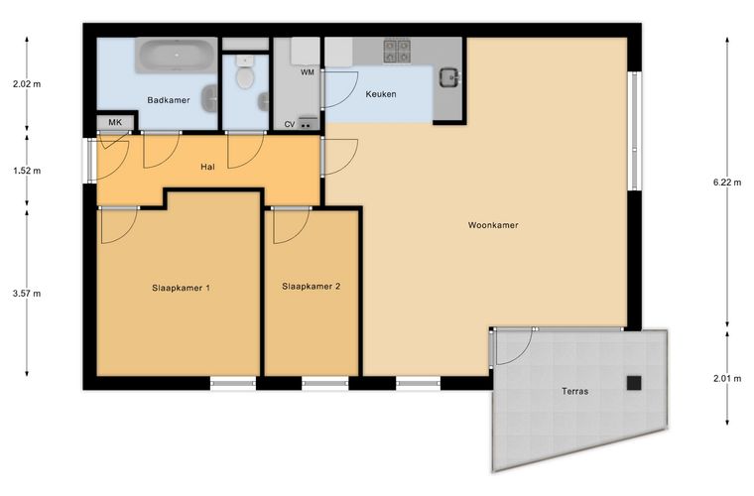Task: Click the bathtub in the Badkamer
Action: coord(176,56)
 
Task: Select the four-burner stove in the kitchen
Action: coord(397,51)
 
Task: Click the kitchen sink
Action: coord(449,77)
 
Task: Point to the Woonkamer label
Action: coord(493,225)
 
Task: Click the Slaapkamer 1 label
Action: coord(181,289)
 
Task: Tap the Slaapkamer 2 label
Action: coord(312,287)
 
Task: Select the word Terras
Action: coord(575,391)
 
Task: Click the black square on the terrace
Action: coord(634,383)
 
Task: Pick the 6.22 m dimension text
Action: coord(727,183)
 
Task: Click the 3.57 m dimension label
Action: coord(27,294)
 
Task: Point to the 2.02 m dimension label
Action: coord(27,84)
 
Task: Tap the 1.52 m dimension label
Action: coord(27,171)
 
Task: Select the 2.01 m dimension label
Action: coord(727,379)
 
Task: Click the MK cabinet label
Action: coord(115,123)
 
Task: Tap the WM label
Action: coord(308,72)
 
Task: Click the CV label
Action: coord(290,124)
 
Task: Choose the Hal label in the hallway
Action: coord(207,167)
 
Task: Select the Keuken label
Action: coord(381,94)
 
